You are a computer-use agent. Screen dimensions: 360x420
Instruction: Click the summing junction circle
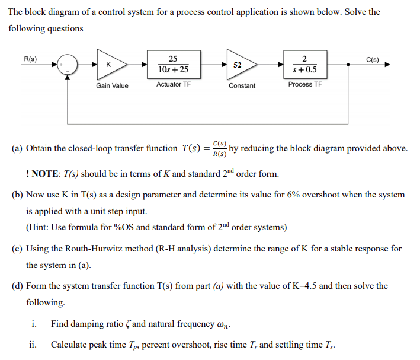(x=68, y=64)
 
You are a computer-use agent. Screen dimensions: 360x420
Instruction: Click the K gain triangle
(x=110, y=64)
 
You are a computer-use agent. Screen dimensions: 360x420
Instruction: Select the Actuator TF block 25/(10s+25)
(x=173, y=64)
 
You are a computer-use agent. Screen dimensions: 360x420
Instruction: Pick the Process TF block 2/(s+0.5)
(x=304, y=64)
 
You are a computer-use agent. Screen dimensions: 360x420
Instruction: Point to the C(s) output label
(x=373, y=59)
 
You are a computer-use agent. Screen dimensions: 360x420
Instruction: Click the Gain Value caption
(x=112, y=86)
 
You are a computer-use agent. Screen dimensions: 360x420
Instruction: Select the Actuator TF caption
(x=173, y=85)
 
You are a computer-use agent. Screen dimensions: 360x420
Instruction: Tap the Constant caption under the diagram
(x=242, y=86)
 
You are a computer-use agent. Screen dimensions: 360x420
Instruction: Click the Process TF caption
(x=304, y=85)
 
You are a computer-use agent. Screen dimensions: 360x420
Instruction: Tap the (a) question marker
(x=17, y=148)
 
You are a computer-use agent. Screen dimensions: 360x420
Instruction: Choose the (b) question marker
(x=17, y=195)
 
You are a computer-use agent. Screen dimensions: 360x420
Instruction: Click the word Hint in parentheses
(x=41, y=227)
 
